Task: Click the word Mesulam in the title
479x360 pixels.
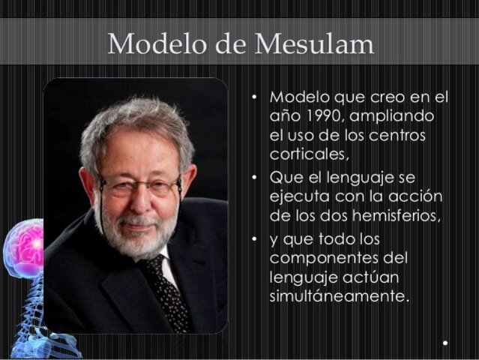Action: pos(315,44)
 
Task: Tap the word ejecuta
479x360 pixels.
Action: pos(297,196)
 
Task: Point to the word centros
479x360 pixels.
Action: pos(419,136)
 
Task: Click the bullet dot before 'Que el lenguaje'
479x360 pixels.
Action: pos(255,178)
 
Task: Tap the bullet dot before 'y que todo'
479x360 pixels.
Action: pos(255,240)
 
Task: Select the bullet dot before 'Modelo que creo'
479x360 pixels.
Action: pos(255,98)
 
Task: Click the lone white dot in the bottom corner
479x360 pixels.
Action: pos(445,343)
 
